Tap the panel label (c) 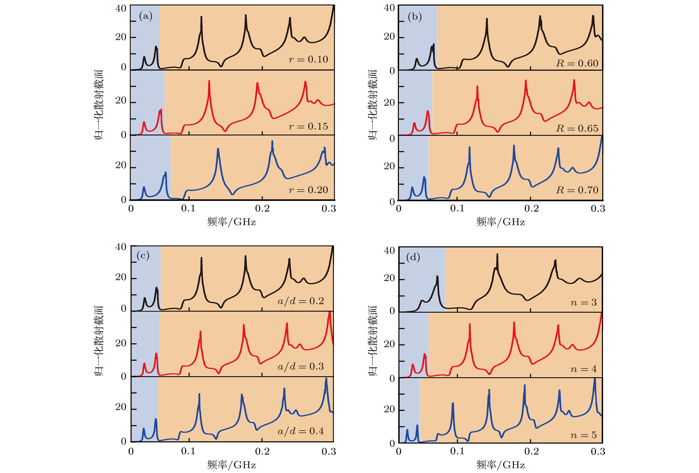tap(143, 256)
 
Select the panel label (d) tap(413, 257)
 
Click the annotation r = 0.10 tap(308, 59)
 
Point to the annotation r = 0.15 tap(308, 126)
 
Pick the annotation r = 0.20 tap(308, 190)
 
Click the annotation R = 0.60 tap(577, 64)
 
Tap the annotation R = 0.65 tap(577, 128)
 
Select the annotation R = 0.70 tap(577, 190)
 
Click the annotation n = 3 tap(583, 302)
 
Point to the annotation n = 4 tap(583, 369)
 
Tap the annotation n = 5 tap(583, 435)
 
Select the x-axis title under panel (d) tap(500, 465)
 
